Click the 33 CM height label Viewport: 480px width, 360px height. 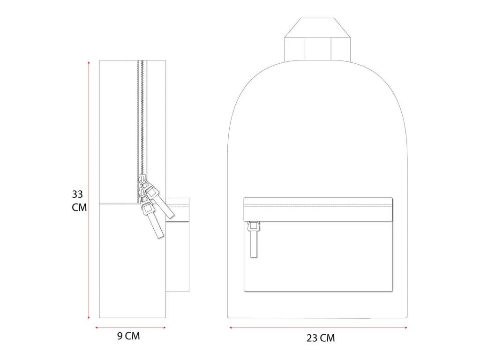79,201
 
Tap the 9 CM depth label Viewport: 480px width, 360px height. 128,336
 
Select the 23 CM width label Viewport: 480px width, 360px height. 321,338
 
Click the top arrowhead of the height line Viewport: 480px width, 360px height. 89,62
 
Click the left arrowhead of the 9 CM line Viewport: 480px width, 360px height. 97,328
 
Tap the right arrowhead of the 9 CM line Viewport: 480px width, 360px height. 164,328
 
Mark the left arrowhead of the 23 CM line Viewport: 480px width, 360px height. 232,328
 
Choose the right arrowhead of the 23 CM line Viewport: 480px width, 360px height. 405,328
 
